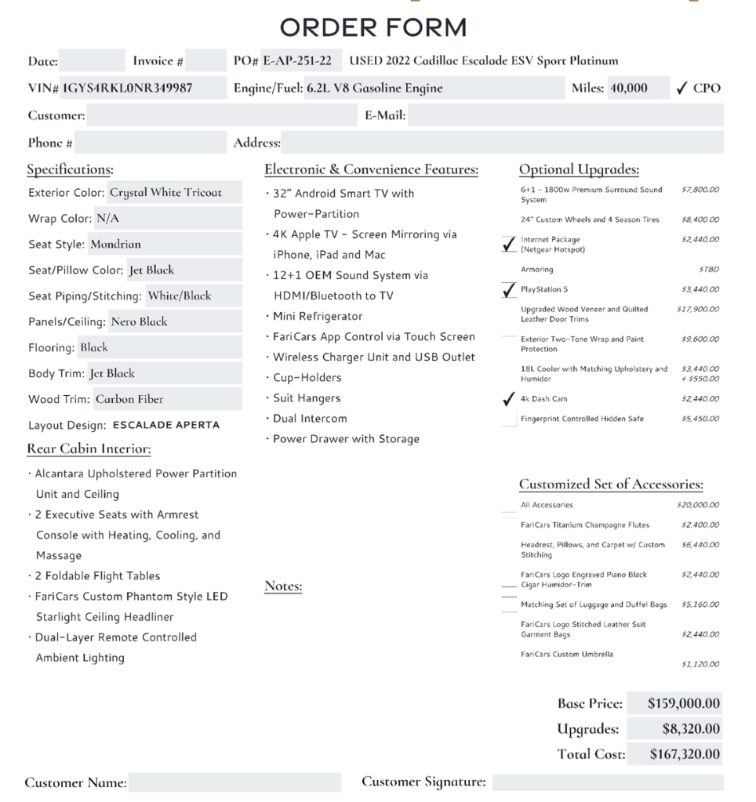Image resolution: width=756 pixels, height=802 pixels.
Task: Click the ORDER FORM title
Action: click(x=373, y=28)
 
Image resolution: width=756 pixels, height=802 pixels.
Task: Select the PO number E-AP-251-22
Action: click(x=297, y=60)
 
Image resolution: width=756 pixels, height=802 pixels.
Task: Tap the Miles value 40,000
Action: click(x=629, y=88)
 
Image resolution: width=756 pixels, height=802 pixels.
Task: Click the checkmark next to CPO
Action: click(x=682, y=88)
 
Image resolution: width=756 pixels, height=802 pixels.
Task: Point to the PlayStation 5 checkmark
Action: click(x=509, y=290)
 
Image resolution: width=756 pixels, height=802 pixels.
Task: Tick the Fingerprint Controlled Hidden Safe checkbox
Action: click(x=509, y=419)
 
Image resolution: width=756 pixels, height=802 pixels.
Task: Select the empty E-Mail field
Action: click(x=565, y=115)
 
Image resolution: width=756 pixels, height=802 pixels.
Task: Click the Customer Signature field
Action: click(x=607, y=782)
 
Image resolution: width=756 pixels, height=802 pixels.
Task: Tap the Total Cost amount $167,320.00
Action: click(x=685, y=754)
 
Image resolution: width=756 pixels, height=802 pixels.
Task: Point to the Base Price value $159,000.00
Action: click(x=684, y=703)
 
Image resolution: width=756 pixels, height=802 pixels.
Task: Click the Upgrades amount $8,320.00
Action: click(x=691, y=729)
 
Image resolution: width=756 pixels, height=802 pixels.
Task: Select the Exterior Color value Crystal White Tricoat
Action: click(x=165, y=192)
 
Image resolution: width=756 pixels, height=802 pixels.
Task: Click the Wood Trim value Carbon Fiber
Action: click(x=129, y=399)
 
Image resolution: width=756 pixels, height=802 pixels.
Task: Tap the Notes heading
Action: click(x=283, y=586)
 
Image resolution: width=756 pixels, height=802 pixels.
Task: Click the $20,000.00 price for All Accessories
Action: click(x=697, y=505)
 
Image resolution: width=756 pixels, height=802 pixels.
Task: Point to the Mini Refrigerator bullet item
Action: click(x=317, y=316)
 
